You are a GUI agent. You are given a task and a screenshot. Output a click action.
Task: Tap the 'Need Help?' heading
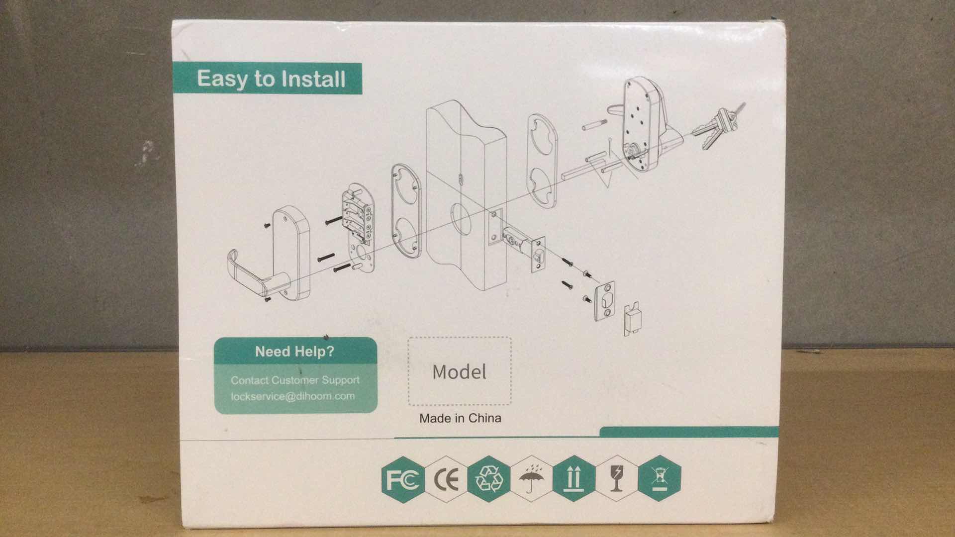(x=294, y=352)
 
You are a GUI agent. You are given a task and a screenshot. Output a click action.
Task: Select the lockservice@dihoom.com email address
(x=292, y=396)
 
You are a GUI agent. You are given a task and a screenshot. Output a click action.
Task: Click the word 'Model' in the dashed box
(x=459, y=372)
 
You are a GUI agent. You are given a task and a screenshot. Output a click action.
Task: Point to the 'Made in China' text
(x=460, y=418)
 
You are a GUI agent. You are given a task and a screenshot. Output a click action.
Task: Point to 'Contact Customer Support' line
(x=295, y=380)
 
